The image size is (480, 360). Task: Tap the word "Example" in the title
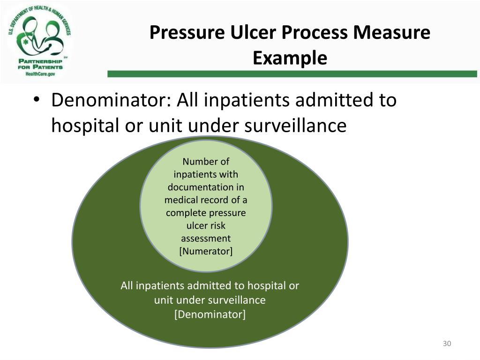[x=290, y=59]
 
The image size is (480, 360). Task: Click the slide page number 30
[x=447, y=344]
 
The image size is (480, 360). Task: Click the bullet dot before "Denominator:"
[x=37, y=101]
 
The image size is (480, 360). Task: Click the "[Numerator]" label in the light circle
[x=206, y=251]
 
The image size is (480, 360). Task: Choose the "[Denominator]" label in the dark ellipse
[x=210, y=314]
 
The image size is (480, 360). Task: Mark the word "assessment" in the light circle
[x=206, y=238]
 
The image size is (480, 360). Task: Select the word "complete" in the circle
[x=184, y=213]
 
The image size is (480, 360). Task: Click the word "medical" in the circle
[x=180, y=200]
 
